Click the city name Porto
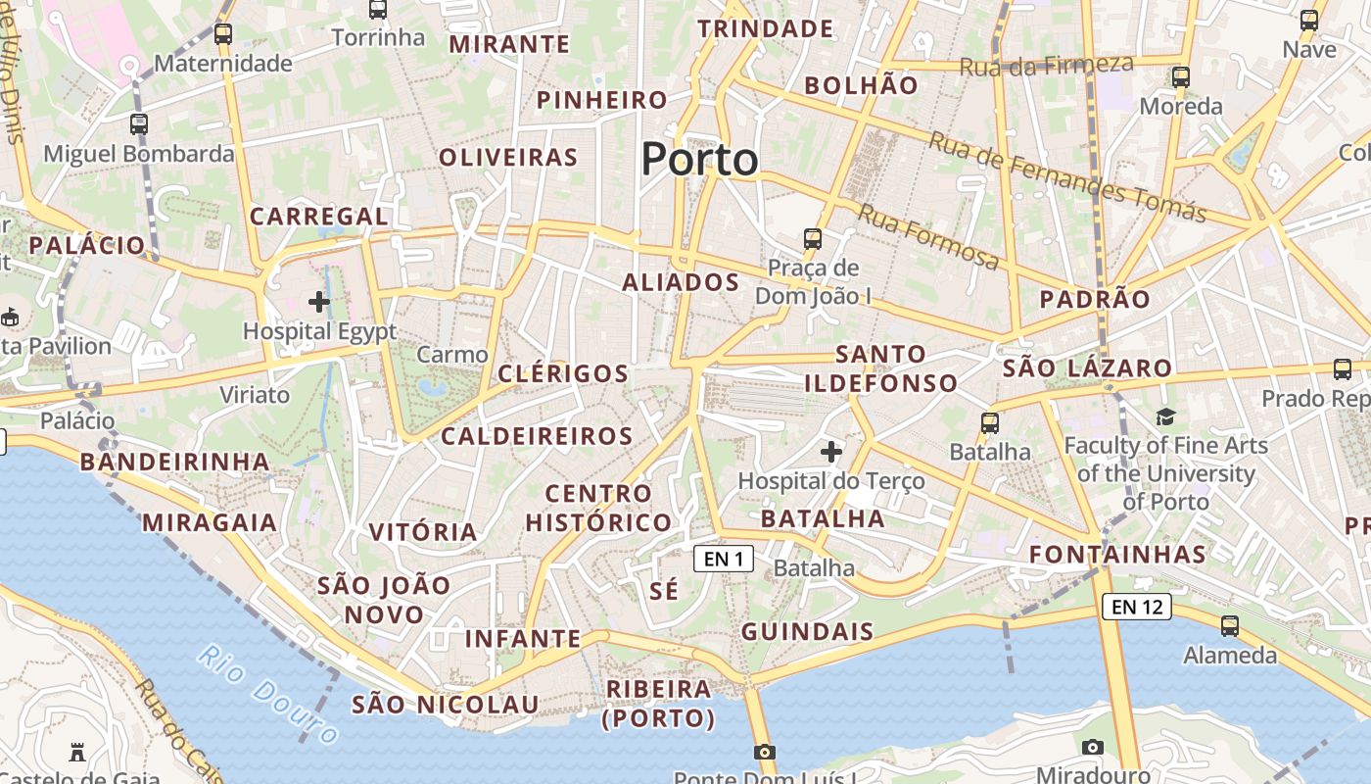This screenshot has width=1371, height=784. pos(699,159)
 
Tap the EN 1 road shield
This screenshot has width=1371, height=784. pos(724,559)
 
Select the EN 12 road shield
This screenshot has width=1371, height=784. pos(1137,607)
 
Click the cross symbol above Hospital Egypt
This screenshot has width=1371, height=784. pos(319,301)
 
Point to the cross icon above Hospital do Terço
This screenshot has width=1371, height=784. pos(830,452)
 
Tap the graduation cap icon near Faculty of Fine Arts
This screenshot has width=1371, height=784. pos(1165,417)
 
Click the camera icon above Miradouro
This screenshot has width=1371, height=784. pos(1093,747)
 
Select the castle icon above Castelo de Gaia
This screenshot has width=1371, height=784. pos(77,753)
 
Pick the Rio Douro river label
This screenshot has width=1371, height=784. pos(267,693)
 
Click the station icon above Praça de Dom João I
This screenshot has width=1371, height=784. pos(812,238)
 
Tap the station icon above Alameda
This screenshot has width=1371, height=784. pos(1230,625)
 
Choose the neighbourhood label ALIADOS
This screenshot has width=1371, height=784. pos(681,282)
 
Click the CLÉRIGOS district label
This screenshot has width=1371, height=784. pos(563,373)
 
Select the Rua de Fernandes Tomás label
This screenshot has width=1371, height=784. pos(1066,176)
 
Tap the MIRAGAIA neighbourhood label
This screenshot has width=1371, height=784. pos(210,522)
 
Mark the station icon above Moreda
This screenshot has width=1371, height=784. pos(1181,76)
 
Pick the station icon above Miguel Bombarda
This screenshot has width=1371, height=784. pos(139,124)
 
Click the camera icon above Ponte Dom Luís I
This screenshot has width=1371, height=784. pos(765,752)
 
